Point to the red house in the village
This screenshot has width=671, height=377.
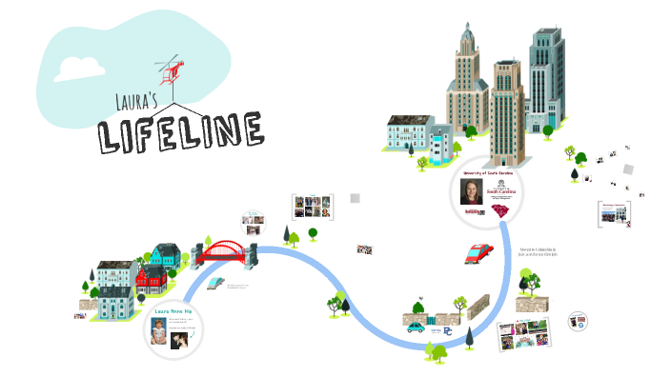pos(151,281)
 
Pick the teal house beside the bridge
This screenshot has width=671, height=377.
pos(165,255)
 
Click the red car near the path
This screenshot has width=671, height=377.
pos(478,253)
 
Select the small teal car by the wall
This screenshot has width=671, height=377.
pos(417,326)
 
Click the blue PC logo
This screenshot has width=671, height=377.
pos(448,332)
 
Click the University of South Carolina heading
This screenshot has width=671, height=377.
pos(487,174)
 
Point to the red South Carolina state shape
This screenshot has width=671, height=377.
pos(499,211)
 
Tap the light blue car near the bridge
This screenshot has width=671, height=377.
pos(215,283)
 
